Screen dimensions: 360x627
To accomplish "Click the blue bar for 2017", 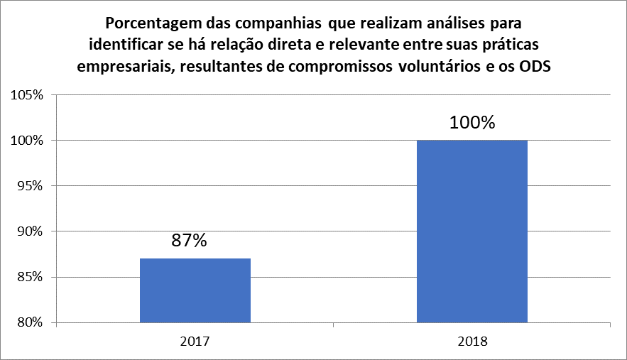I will [195, 290].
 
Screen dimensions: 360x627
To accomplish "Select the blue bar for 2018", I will [471, 231].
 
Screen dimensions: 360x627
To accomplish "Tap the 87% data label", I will [189, 240].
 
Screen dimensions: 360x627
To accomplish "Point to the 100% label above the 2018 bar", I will [471, 122].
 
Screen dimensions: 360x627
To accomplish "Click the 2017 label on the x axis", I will [195, 341].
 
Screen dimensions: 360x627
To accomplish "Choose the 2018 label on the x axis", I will [471, 341].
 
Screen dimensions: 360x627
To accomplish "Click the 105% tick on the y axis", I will [27, 95].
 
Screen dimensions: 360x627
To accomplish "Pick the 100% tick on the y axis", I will [27, 141].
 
